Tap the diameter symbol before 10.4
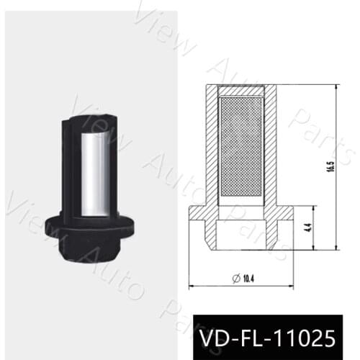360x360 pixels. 235,276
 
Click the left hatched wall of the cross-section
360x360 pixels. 210,144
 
